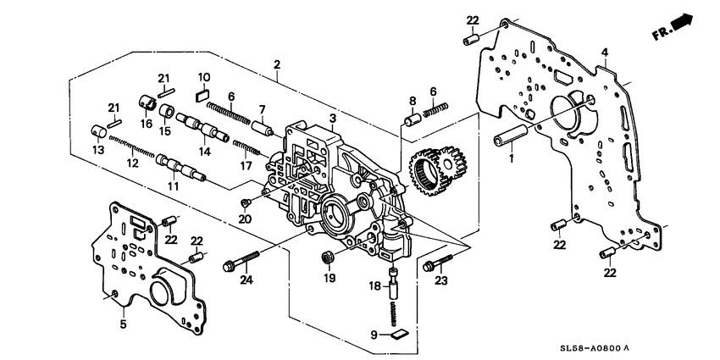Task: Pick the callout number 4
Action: [x=604, y=53]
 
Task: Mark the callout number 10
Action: [x=204, y=77]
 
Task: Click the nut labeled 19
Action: [x=328, y=257]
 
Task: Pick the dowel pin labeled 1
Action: [x=512, y=134]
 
